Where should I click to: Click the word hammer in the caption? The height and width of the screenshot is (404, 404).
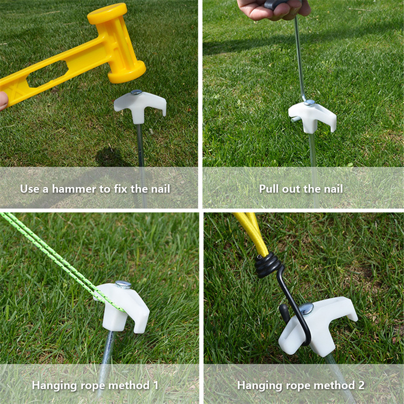pyautogui.click(x=74, y=189)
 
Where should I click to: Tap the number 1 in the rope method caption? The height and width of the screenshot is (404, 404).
pyautogui.click(x=156, y=385)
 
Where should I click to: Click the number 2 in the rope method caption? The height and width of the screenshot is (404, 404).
pyautogui.click(x=361, y=385)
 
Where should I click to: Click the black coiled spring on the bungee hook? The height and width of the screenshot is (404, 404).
pyautogui.click(x=268, y=265)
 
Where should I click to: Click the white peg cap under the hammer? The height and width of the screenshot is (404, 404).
pyautogui.click(x=140, y=106)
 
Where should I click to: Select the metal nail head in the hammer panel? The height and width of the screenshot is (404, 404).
pyautogui.click(x=136, y=92)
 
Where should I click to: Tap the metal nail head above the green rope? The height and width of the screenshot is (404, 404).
pyautogui.click(x=123, y=284)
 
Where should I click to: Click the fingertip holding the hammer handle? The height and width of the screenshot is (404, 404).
pyautogui.click(x=4, y=100)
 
